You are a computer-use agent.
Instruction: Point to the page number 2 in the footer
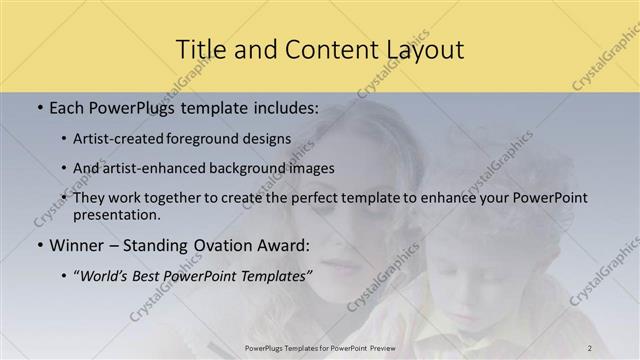(590, 348)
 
